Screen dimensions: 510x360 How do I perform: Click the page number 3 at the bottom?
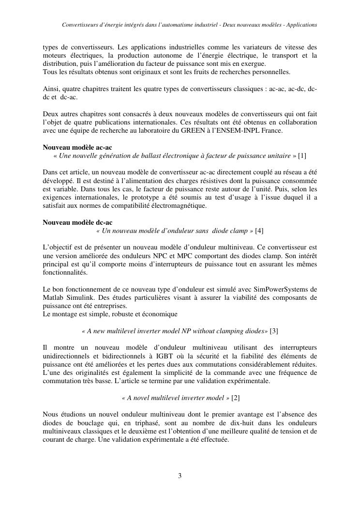click(x=180, y=476)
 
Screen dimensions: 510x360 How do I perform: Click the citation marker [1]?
click(x=302, y=155)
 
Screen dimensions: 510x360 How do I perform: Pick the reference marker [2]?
click(x=235, y=398)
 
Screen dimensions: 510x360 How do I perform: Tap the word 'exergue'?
click(x=253, y=63)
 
